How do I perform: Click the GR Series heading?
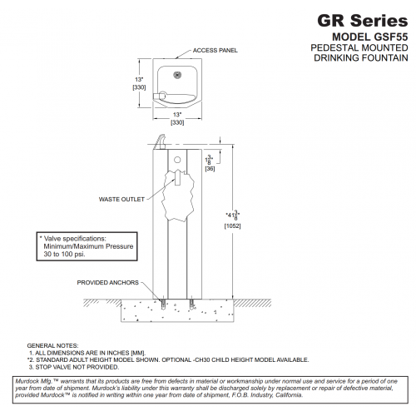(x=363, y=21)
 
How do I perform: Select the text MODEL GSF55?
(x=370, y=37)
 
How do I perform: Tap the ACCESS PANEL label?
(x=215, y=51)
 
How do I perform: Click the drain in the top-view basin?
(x=177, y=75)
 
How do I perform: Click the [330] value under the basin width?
(x=177, y=122)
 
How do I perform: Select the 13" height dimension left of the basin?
(x=139, y=80)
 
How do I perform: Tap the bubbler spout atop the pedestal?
(x=161, y=142)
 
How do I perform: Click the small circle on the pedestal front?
(x=177, y=160)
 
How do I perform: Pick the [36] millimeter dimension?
(x=210, y=169)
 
